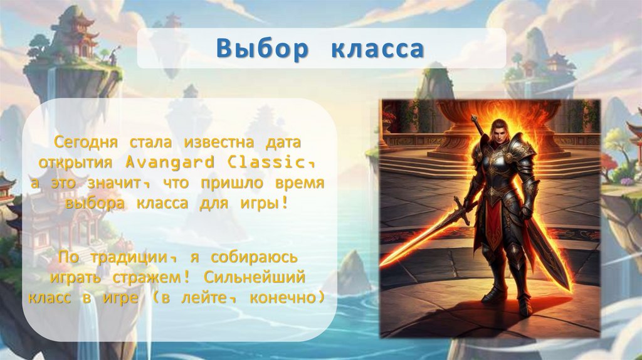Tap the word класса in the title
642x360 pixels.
pos(377,49)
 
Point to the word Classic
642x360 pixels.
pos(270,162)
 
